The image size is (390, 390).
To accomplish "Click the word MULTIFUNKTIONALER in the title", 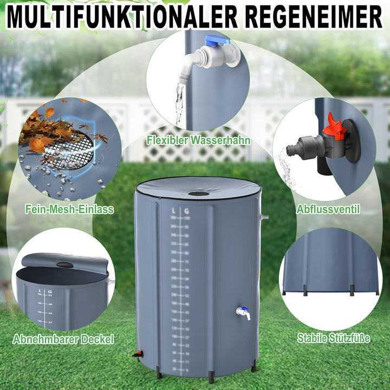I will pyautogui.click(x=122, y=17).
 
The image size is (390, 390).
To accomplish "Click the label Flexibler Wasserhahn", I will pyautogui.click(x=198, y=140).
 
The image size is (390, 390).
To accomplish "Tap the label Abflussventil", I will pyautogui.click(x=328, y=209).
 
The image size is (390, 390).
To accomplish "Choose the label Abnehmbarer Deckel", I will pyautogui.click(x=64, y=340).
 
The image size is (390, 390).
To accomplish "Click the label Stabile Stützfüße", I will pyautogui.click(x=334, y=339).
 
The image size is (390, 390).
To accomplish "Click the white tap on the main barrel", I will pyautogui.click(x=243, y=313).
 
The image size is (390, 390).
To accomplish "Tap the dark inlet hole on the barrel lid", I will pyautogui.click(x=199, y=193).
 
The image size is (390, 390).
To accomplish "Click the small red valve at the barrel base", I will pyautogui.click(x=138, y=354).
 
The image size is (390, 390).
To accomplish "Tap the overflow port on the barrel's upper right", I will pyautogui.click(x=264, y=217).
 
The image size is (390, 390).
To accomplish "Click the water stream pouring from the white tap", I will pyautogui.click(x=179, y=103).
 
